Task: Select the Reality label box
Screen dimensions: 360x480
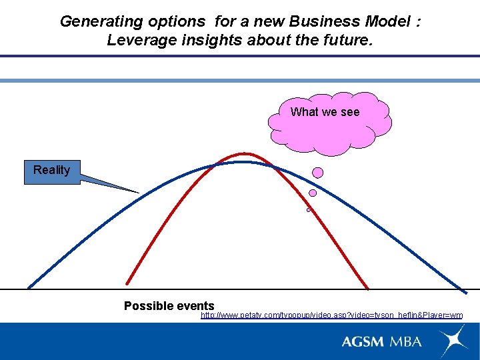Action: pyautogui.click(x=52, y=171)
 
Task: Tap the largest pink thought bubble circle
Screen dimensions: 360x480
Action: pyautogui.click(x=318, y=173)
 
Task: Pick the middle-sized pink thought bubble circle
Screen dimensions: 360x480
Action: pyautogui.click(x=313, y=193)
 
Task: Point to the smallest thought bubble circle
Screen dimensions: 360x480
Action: pyautogui.click(x=309, y=209)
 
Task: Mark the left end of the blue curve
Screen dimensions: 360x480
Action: pyautogui.click(x=29, y=287)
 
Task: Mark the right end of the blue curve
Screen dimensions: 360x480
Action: pyautogui.click(x=465, y=291)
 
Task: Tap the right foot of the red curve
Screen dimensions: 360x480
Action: pyautogui.click(x=367, y=288)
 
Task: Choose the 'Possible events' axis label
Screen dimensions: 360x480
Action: pyautogui.click(x=169, y=306)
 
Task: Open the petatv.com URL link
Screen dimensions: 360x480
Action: pyautogui.click(x=331, y=315)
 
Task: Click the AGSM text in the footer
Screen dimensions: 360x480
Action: pyautogui.click(x=363, y=341)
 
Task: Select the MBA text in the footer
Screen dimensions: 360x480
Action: pyautogui.click(x=406, y=341)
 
